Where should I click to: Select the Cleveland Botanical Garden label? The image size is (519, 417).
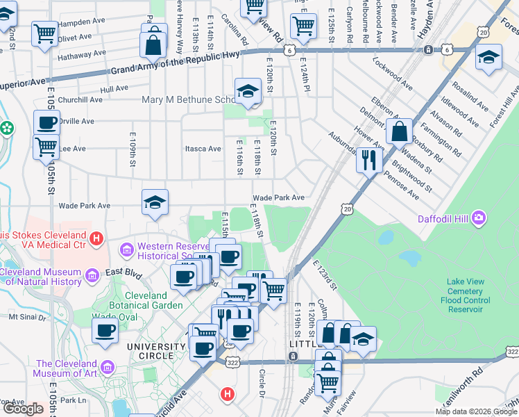pyautogui.click(x=148, y=299)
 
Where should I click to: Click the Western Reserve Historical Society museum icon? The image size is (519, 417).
pyautogui.click(x=127, y=249)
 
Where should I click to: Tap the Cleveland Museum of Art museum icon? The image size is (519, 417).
pyautogui.click(x=108, y=366)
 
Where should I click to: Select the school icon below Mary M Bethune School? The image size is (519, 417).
pyautogui.click(x=247, y=90)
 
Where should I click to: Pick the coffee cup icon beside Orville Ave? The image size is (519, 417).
pyautogui.click(x=46, y=123)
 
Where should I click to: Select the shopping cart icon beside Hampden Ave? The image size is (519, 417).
pyautogui.click(x=44, y=32)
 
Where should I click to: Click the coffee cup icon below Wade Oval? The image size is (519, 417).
pyautogui.click(x=105, y=331)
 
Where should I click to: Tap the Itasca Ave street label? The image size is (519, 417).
pyautogui.click(x=202, y=148)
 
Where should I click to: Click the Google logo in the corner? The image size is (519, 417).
pyautogui.click(x=23, y=409)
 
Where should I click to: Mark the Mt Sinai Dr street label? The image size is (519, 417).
pyautogui.click(x=26, y=318)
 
